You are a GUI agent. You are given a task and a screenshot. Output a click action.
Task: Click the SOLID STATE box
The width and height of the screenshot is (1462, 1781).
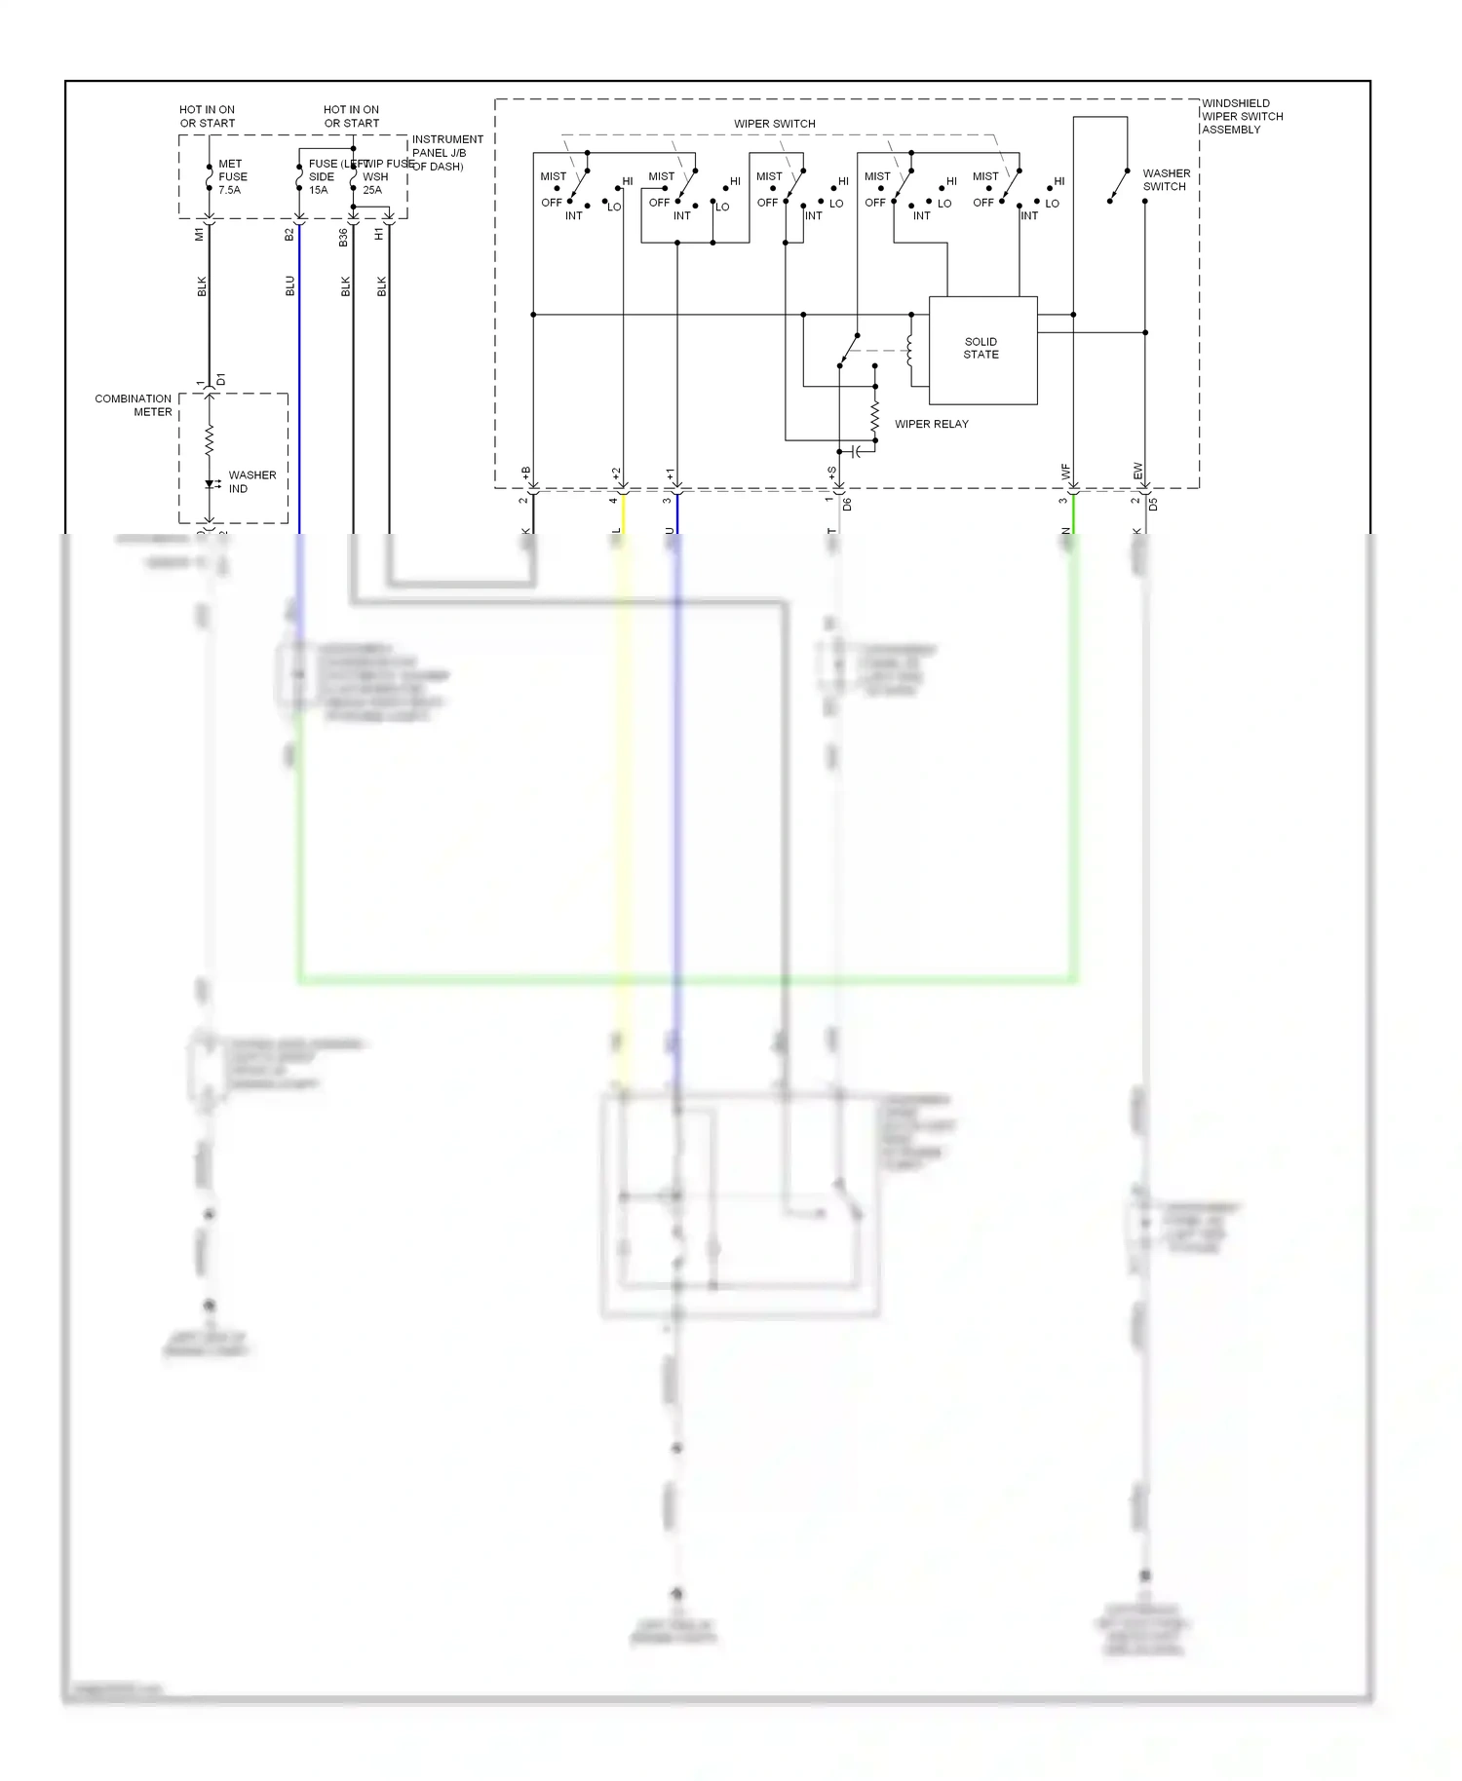982,350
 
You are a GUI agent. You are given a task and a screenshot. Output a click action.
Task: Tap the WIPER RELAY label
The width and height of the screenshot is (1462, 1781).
931,424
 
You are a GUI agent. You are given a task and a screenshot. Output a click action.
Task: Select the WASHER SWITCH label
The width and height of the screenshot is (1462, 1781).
1166,180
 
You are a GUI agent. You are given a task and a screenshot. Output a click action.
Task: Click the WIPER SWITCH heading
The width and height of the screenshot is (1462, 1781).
774,124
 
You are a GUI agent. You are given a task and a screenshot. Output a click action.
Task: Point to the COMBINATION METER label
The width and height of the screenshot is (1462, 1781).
134,405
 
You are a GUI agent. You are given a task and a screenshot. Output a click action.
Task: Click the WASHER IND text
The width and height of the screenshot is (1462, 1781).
251,481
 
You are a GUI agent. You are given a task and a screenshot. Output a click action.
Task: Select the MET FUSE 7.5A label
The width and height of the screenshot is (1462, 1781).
232,177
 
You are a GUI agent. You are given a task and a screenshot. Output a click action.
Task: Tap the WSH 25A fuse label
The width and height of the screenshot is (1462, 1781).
374,183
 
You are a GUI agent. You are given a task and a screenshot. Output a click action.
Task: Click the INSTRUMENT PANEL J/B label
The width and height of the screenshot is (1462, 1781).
446,153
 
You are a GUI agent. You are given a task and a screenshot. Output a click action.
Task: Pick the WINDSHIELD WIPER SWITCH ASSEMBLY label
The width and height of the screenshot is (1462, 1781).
1241,116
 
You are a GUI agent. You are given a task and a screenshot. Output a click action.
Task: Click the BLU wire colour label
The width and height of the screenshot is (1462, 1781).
289,285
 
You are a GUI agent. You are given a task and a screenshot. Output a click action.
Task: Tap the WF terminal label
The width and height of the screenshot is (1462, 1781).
1065,472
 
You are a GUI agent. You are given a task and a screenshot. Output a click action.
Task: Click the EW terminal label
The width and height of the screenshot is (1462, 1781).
1137,472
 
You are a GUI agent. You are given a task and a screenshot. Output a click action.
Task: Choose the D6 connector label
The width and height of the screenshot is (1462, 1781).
848,505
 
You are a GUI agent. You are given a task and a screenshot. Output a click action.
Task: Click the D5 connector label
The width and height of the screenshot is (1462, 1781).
1153,505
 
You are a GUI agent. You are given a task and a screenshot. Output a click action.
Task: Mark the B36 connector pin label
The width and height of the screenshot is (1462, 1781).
343,237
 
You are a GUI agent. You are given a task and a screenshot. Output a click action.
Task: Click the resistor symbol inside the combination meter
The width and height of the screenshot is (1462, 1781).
209,441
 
